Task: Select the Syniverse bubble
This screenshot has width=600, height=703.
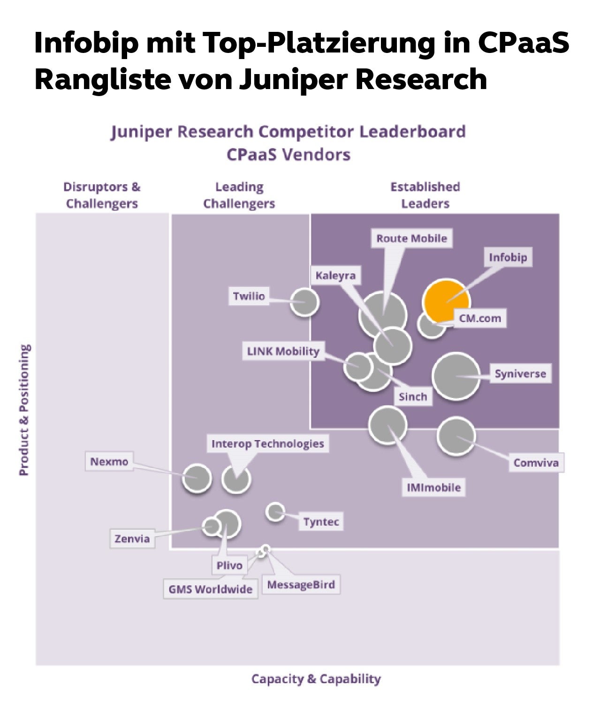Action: pos(456,376)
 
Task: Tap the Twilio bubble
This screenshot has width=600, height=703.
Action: pos(304,302)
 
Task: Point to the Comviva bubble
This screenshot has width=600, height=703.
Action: pos(456,436)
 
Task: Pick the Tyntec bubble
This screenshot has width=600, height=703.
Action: pos(275,511)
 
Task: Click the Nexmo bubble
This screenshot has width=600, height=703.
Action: pos(197,478)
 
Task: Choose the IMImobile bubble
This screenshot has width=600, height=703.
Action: pos(387,425)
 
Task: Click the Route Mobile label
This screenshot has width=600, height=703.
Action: pos(411,239)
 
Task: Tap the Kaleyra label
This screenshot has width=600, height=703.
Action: pos(335,276)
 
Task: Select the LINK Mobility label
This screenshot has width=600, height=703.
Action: pos(283,351)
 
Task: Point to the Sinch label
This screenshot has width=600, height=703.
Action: pos(413,397)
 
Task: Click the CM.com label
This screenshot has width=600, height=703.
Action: pos(480,319)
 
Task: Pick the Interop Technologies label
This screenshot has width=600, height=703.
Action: pos(267,444)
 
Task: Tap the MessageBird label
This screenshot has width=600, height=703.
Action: pos(301,585)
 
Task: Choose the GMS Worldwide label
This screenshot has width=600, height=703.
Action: pos(211,589)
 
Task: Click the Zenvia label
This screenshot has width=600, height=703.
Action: pos(132,538)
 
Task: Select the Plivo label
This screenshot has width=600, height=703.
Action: pos(229,565)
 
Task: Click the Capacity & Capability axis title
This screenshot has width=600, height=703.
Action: pos(316,679)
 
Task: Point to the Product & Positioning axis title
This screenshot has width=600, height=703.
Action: pos(24,410)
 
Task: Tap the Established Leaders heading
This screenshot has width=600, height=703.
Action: pos(425,195)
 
